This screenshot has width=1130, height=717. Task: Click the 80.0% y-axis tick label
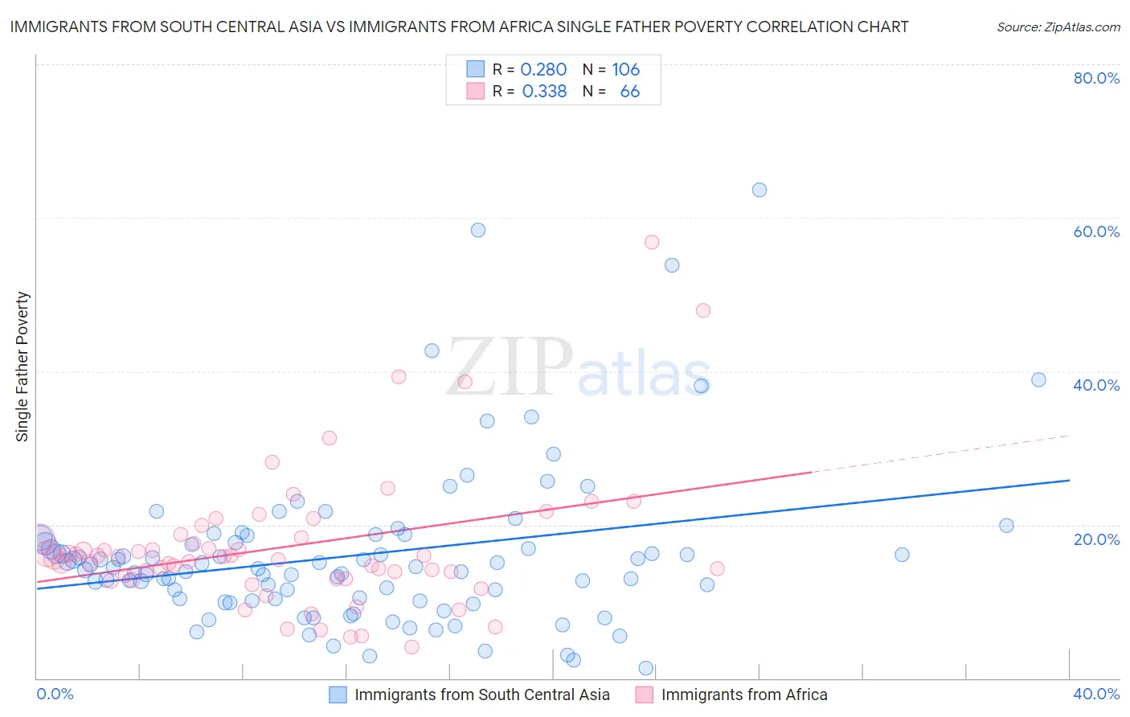pos(1096,78)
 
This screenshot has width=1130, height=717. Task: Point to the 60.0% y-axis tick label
pos(1096,231)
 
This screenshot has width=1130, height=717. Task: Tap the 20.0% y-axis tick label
pos(1096,539)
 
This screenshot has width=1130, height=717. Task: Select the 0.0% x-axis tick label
pos(55,694)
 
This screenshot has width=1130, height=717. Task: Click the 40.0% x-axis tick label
pos(1096,694)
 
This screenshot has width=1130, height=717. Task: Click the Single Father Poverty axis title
pos(23,367)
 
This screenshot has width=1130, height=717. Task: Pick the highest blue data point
pos(759,190)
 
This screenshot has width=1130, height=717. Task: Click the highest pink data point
pos(652,242)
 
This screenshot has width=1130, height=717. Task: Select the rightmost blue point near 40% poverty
pos(1038,380)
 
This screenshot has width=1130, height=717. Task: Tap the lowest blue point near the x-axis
pos(645,668)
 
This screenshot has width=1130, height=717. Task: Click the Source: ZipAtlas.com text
pos(1058,27)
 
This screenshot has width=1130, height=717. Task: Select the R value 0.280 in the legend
pos(543,70)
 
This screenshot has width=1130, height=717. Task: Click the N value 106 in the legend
pos(625,70)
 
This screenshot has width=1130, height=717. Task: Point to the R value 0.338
pos(544,92)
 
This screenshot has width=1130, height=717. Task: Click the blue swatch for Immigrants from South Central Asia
pos(338,694)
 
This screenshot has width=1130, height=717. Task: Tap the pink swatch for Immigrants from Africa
pos(644,694)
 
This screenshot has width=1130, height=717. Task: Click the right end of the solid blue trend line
pos(1069,480)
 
